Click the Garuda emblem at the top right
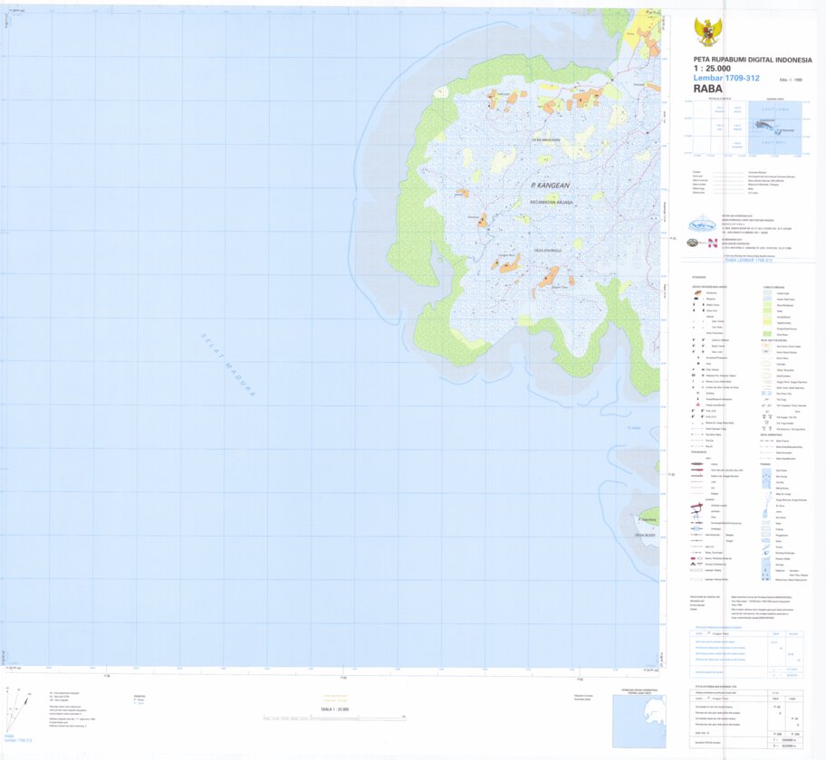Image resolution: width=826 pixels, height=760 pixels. [x=707, y=32]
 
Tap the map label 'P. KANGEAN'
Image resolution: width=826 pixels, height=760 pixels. [x=549, y=185]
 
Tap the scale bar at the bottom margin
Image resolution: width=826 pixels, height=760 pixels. [x=335, y=717]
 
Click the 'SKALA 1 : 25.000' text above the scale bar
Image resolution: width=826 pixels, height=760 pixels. [x=336, y=709]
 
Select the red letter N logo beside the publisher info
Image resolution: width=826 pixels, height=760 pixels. [x=712, y=242]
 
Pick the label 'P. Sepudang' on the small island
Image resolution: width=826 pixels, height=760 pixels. [x=647, y=520]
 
